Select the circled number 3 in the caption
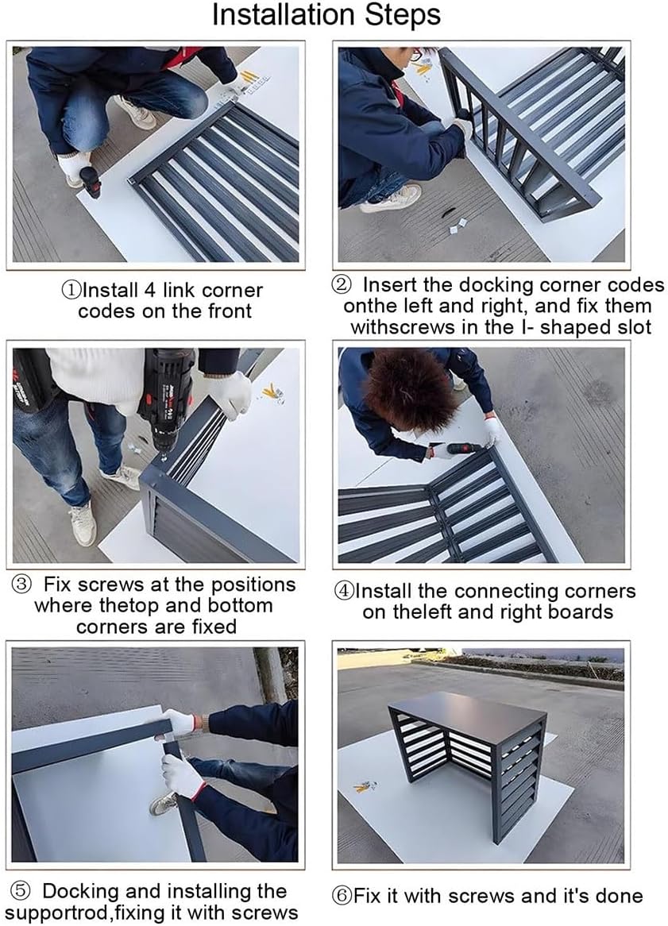click(x=23, y=585)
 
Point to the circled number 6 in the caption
click(x=342, y=897)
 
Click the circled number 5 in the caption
click(x=23, y=892)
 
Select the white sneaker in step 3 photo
click(x=82, y=524)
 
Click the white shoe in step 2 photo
click(x=392, y=198)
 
